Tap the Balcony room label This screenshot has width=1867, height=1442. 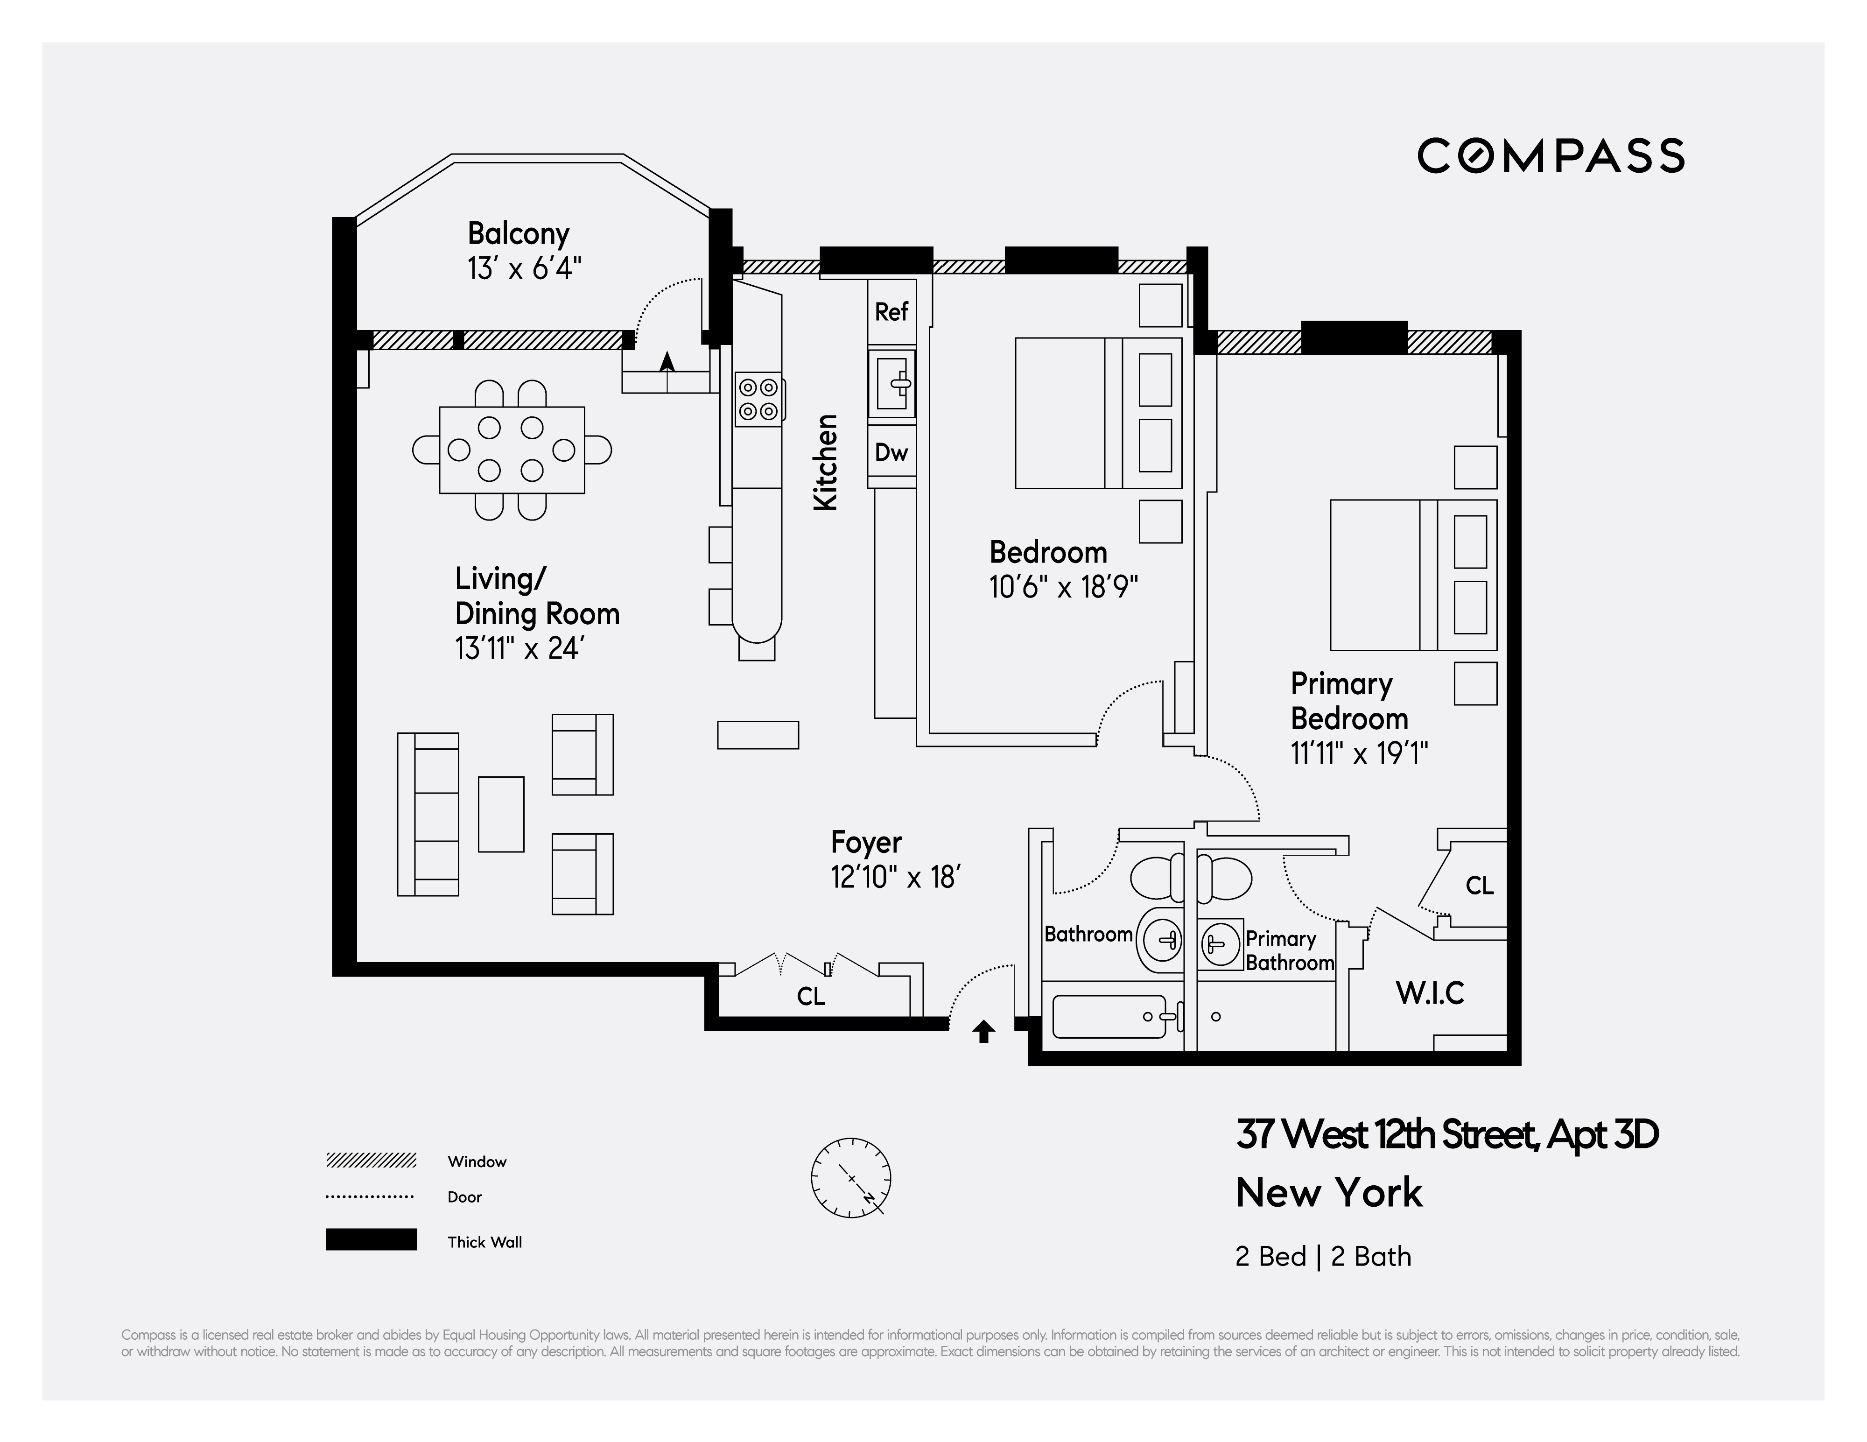click(x=518, y=233)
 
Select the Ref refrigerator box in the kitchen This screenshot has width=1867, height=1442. click(x=891, y=312)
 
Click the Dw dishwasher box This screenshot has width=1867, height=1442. click(x=891, y=453)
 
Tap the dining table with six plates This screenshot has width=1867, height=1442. click(x=511, y=450)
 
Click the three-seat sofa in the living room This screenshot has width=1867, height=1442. click(x=428, y=814)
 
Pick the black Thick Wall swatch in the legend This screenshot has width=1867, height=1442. click(x=371, y=1239)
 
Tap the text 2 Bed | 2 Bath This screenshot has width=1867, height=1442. click(x=1322, y=1257)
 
